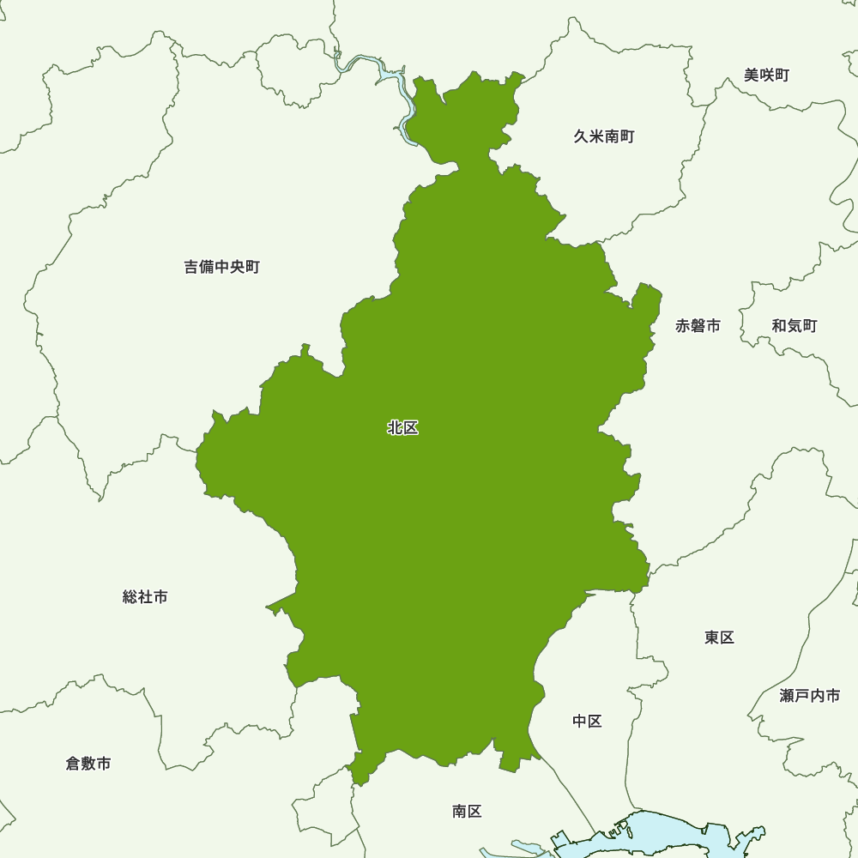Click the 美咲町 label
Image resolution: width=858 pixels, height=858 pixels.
[x=766, y=76]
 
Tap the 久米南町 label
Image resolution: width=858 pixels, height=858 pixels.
[x=604, y=136]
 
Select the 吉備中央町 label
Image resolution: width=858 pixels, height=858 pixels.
[x=221, y=267]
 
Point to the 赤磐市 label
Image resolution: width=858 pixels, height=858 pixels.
[x=698, y=326]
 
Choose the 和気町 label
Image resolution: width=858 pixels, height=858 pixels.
[x=794, y=326]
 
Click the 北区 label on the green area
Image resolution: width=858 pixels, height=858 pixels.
[x=402, y=427]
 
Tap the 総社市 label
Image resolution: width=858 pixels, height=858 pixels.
[x=145, y=596]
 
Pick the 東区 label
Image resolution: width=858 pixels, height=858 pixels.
[x=719, y=637]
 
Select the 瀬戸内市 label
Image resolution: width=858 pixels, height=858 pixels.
[x=810, y=696]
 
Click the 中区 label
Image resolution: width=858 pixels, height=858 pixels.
[x=587, y=721]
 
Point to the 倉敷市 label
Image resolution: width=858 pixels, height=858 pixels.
[x=88, y=763]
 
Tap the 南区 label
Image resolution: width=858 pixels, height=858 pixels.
[x=467, y=811]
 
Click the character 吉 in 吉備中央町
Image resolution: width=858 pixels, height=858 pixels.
[x=191, y=267]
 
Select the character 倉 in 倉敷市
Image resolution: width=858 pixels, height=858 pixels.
[x=73, y=763]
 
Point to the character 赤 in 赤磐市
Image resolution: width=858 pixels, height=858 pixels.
[x=683, y=326]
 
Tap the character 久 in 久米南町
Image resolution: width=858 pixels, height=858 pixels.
[x=581, y=136]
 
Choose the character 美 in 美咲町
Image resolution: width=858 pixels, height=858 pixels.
[x=752, y=76]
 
